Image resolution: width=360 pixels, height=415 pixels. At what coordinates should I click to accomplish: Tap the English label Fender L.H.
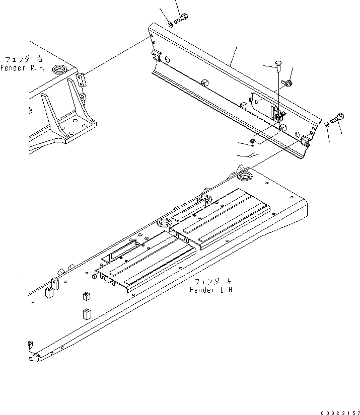[212, 290]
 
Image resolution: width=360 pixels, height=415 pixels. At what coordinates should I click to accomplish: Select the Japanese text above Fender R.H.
[22, 59]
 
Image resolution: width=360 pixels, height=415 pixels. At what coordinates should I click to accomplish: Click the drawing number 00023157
[339, 412]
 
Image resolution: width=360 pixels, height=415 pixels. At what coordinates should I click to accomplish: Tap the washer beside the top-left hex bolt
[170, 23]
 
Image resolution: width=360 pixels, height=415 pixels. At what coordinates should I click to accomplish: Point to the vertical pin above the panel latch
[278, 65]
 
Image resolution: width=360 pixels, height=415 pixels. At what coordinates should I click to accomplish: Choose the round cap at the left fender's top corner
[245, 176]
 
